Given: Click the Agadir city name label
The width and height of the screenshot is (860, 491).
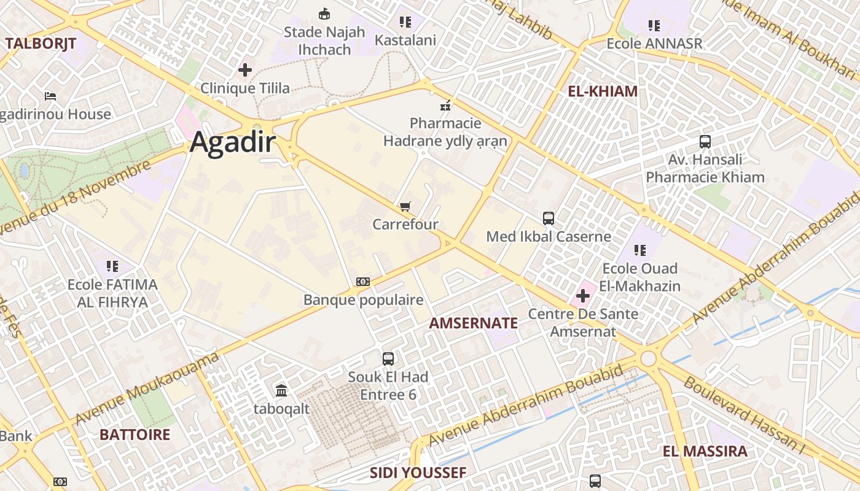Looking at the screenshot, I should coord(232,142).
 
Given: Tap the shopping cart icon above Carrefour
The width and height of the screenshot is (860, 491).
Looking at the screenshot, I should coord(405,206).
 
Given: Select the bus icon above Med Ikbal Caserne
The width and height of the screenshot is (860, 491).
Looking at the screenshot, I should coord(548,218).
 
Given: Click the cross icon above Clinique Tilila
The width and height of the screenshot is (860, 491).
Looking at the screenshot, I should coord(245,70).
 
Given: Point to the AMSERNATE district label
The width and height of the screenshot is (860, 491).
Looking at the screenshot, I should coord(473,323).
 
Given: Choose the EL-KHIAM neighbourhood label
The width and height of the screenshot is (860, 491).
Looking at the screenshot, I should coord(602,91).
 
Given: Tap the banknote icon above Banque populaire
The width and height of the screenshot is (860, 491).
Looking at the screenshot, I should coord(363,282).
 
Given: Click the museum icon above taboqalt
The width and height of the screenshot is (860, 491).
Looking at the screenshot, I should coord(281,390).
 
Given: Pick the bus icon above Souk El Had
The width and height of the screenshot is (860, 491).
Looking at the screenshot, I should coord(388,358).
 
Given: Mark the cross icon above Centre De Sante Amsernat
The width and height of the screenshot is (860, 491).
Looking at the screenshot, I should coord(582,296).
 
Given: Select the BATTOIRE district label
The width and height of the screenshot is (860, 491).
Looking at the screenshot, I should coord(135,435).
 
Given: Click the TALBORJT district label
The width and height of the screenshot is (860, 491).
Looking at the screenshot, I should coord(41,43).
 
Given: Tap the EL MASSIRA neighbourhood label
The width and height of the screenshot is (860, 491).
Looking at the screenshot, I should coord(705,451).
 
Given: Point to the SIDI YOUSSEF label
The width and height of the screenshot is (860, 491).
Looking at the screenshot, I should coord(418,473).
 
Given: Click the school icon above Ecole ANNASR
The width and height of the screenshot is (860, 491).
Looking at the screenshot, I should coord(654,26).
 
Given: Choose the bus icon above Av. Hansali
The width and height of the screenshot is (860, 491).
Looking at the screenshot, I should coord(705,142).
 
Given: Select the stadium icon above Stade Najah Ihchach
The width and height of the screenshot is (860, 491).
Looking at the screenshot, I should coord(324,14).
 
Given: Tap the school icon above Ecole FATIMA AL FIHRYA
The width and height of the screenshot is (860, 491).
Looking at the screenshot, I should coord(112,266).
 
